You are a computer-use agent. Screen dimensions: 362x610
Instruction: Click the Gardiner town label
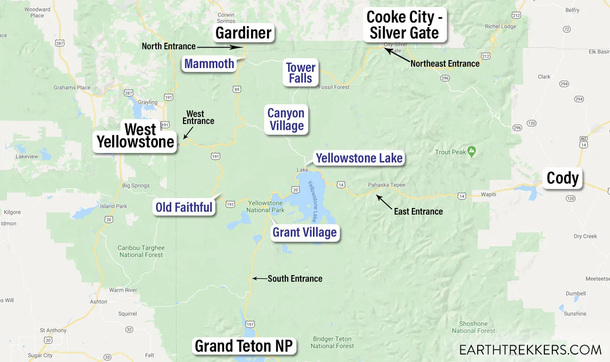pyautogui.click(x=244, y=33)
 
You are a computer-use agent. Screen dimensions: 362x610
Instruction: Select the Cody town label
pyautogui.click(x=562, y=178)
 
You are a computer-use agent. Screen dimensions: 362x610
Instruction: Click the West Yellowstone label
pyautogui.click(x=136, y=136)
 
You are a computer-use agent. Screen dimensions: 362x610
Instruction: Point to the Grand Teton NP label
pyautogui.click(x=244, y=346)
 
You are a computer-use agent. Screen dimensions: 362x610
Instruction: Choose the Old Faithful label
pyautogui.click(x=184, y=207)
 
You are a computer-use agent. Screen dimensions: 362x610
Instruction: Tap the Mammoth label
pyautogui.click(x=209, y=63)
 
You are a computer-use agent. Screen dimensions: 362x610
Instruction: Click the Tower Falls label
pyautogui.click(x=301, y=73)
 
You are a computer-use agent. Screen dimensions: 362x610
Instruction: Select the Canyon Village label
pyautogui.click(x=286, y=119)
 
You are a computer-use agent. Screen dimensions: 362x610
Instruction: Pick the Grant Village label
pyautogui.click(x=305, y=232)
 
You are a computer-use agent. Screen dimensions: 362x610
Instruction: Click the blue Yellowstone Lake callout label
pyautogui.click(x=359, y=158)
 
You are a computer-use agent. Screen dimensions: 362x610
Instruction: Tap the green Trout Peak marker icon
pyautogui.click(x=472, y=152)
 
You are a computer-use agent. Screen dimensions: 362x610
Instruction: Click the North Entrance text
pyautogui.click(x=168, y=46)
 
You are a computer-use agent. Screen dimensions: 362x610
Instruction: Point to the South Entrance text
pyautogui.click(x=295, y=278)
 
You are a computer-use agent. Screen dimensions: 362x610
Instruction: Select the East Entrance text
pyautogui.click(x=418, y=211)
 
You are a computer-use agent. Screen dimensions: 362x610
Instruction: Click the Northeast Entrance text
pyautogui.click(x=445, y=63)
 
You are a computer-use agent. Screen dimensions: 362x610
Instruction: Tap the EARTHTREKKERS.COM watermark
pyautogui.click(x=530, y=350)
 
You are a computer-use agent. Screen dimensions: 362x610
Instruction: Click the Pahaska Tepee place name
pyautogui.click(x=387, y=185)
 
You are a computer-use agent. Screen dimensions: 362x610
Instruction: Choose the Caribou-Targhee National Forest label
pyautogui.click(x=141, y=251)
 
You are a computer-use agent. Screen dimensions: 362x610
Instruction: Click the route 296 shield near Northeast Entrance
pyautogui.click(x=445, y=78)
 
